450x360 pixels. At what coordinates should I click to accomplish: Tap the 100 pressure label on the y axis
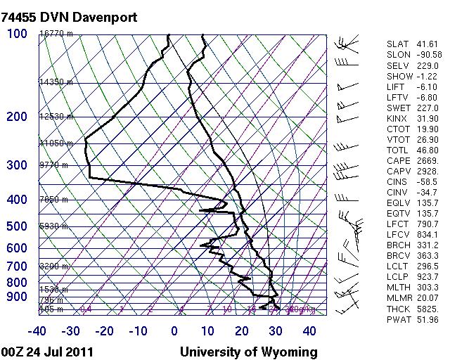17,34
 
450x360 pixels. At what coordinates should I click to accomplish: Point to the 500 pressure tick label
17,226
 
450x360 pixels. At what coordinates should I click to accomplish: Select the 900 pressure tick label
17,297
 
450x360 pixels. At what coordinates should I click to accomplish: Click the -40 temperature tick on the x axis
37,331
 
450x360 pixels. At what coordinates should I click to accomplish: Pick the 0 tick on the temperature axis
174,331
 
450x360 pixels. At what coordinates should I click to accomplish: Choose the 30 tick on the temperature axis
275,331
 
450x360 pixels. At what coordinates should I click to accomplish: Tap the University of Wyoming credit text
249,352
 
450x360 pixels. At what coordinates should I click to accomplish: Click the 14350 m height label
56,82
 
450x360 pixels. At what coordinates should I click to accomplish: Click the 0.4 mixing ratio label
86,309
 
